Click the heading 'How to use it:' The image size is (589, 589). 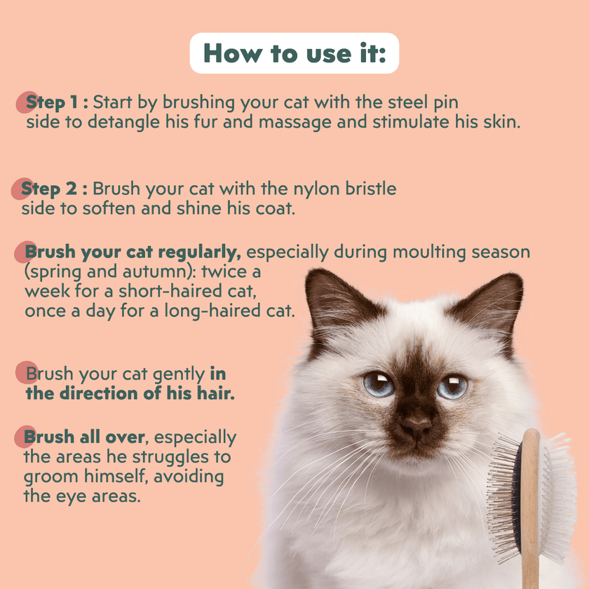point(294,53)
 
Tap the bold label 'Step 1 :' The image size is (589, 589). point(57,102)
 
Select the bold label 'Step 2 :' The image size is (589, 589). point(54,189)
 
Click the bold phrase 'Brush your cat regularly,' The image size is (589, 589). point(133,252)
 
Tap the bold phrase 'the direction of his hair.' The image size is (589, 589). point(130,393)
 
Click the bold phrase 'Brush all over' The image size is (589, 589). point(84,438)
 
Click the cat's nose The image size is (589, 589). point(417,424)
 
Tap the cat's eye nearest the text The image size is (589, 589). point(379,384)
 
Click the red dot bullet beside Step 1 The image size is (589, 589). point(26,103)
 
